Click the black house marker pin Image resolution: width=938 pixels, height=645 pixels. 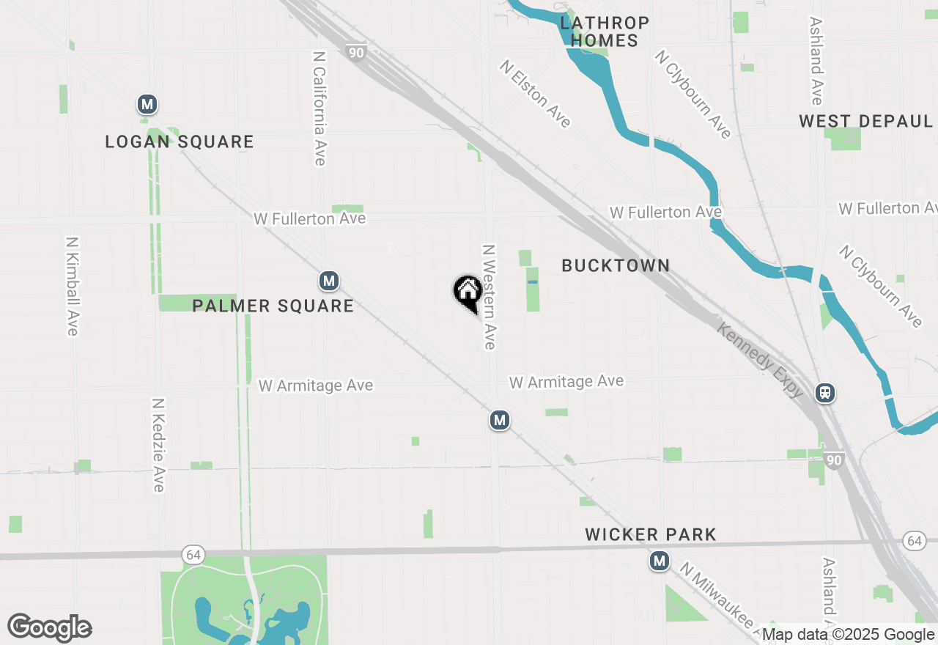[x=468, y=292]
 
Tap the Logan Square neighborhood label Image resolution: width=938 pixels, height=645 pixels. [x=180, y=141]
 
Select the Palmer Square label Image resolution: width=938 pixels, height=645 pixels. [x=273, y=306]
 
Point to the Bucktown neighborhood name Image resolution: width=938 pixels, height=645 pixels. [x=616, y=265]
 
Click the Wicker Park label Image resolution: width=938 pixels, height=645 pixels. [x=651, y=534]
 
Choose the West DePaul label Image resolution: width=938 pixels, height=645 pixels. [x=866, y=121]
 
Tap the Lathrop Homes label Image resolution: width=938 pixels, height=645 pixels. [x=605, y=32]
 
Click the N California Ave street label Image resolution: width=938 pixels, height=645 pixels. [x=320, y=108]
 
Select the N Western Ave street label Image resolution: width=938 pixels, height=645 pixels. [x=489, y=297]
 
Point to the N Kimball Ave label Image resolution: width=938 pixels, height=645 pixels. [x=72, y=286]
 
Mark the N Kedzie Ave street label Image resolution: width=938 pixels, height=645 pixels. [x=158, y=445]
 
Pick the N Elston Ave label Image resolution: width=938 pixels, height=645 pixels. [x=536, y=94]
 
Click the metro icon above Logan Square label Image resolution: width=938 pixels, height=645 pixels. [x=147, y=105]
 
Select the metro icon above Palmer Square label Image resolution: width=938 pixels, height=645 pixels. [x=329, y=281]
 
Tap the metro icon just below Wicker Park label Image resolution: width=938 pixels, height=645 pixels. [x=660, y=561]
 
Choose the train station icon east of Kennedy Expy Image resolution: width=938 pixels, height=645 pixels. [x=825, y=393]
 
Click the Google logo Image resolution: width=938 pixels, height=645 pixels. [x=50, y=627]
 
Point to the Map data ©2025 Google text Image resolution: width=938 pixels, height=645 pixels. [x=849, y=635]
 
